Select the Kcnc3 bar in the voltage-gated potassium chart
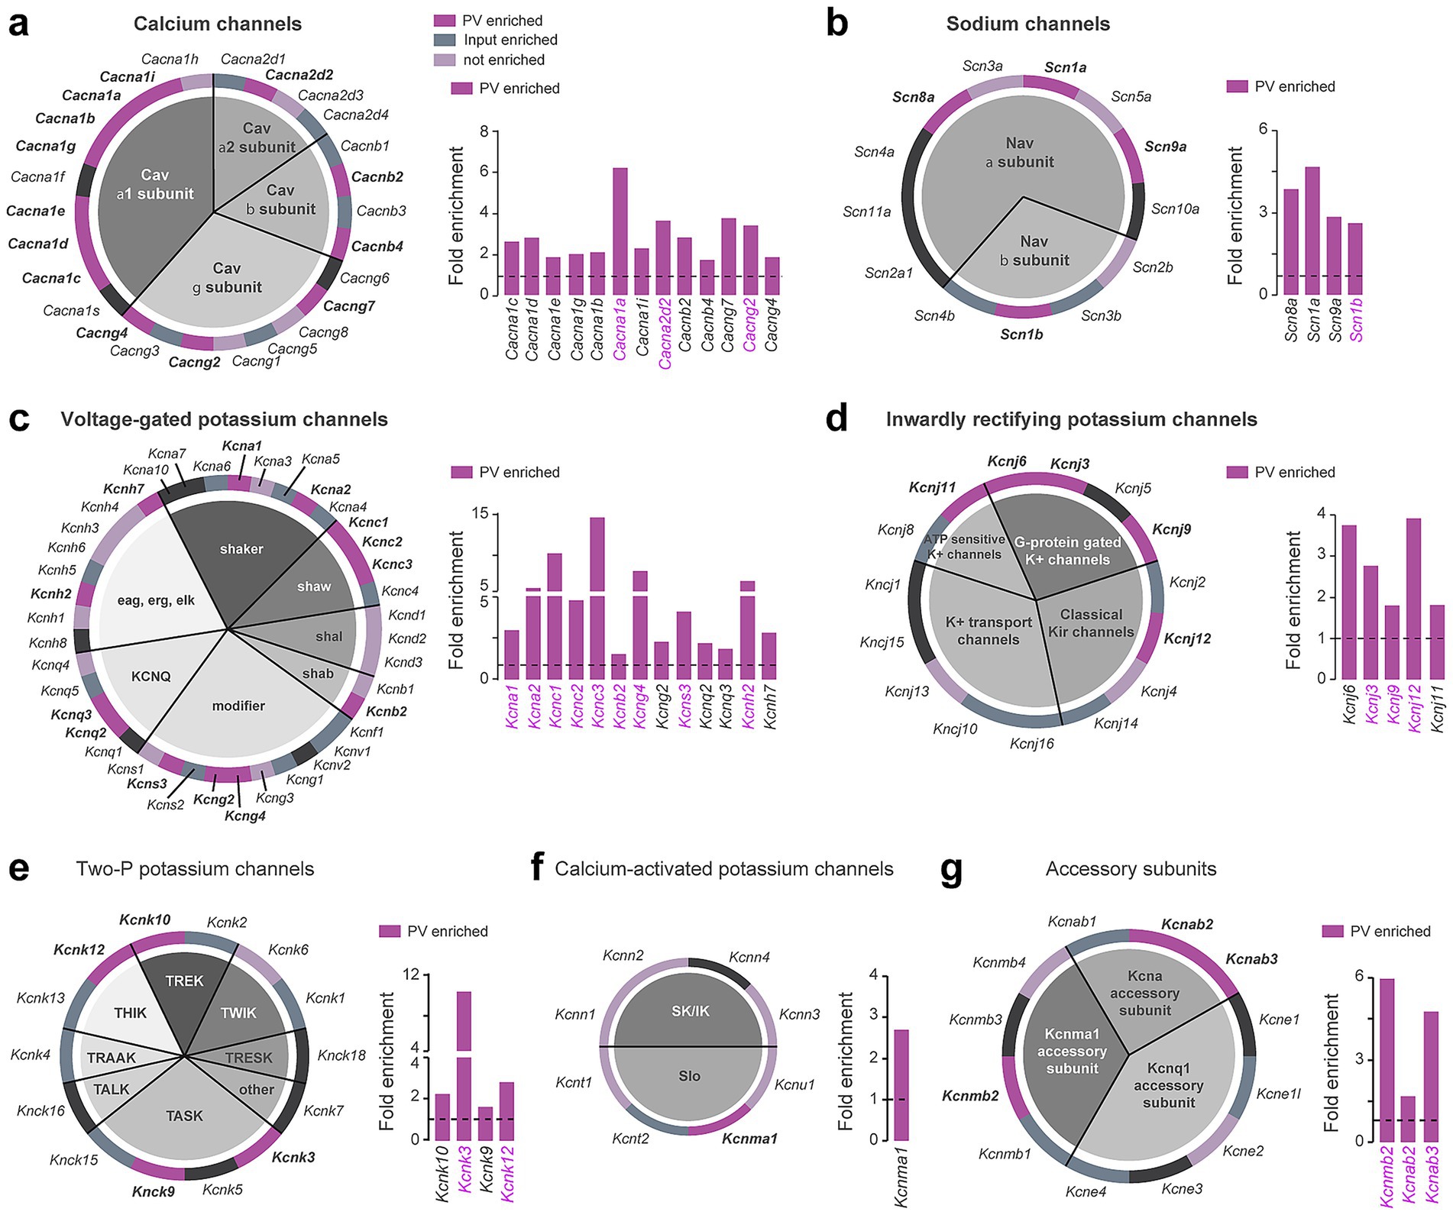pos(597,596)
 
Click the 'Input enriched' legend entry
pos(510,40)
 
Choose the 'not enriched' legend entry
pos(503,60)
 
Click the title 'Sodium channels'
pos(1027,24)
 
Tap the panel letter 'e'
pos(18,868)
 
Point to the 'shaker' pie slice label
pos(241,549)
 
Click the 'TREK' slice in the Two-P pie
pos(184,981)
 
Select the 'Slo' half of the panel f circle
pos(689,1076)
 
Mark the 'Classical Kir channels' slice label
pos(1091,623)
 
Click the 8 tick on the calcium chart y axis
pos(482,132)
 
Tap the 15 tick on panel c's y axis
pos(479,515)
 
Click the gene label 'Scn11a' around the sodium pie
pos(866,212)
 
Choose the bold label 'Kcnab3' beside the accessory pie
pos(1251,958)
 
